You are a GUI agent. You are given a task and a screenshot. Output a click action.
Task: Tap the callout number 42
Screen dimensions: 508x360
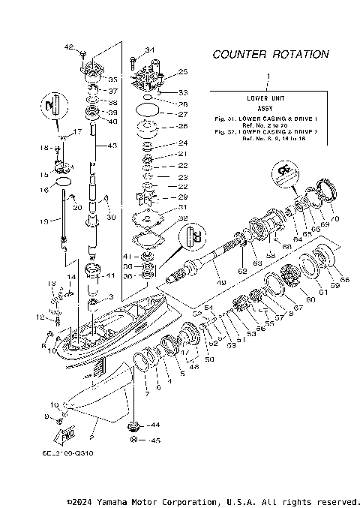click(69, 47)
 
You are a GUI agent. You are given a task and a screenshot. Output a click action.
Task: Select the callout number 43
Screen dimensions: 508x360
click(113, 145)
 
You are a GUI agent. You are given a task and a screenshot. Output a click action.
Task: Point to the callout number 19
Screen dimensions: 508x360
click(44, 221)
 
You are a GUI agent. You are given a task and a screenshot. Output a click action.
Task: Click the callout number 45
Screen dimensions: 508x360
click(156, 440)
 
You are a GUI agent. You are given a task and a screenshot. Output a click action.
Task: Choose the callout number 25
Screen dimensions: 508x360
click(182, 72)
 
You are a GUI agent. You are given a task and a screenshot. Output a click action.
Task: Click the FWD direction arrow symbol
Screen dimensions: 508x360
click(65, 434)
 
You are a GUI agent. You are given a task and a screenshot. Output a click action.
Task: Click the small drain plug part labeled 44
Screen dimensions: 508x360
click(135, 425)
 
